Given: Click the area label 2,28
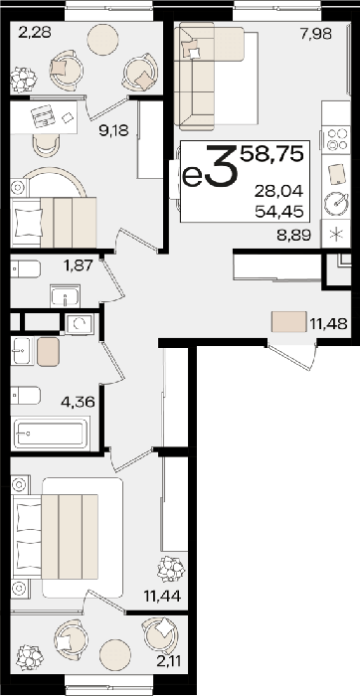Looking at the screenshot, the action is [35, 32].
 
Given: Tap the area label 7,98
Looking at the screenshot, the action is [315, 34].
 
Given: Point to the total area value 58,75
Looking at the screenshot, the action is [272, 153].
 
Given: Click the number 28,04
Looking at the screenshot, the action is [278, 192].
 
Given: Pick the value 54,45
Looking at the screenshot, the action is [278, 212].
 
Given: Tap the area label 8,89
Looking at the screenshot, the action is [293, 235].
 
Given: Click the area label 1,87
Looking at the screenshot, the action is [79, 265].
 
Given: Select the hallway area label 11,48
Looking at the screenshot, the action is [328, 323].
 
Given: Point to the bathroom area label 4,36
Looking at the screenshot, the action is [79, 403].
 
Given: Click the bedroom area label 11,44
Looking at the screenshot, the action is [161, 597].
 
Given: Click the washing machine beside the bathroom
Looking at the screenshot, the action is [79, 323].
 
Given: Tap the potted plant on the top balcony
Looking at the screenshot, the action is [23, 80].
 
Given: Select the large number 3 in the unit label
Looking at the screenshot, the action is [222, 166].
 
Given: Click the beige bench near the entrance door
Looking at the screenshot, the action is [289, 322].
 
